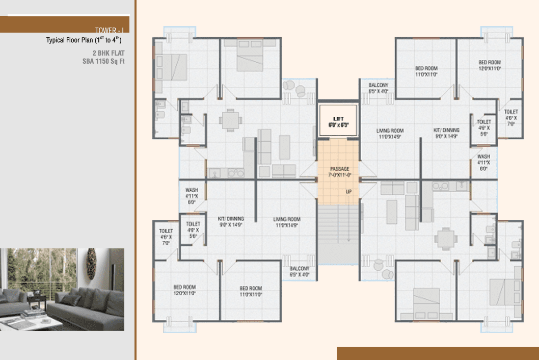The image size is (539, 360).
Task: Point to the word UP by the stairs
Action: coord(349,192)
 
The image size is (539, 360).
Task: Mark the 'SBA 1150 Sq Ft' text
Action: coord(103,62)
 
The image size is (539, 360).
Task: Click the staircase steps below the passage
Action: coord(338,232)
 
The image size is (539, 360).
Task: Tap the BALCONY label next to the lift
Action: coord(378,88)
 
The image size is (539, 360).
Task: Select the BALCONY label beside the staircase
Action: coord(300,271)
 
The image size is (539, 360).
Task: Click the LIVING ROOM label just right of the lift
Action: coord(390,133)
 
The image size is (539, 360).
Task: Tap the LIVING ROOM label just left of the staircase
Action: coord(286,221)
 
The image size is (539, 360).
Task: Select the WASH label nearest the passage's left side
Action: coord(192,195)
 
